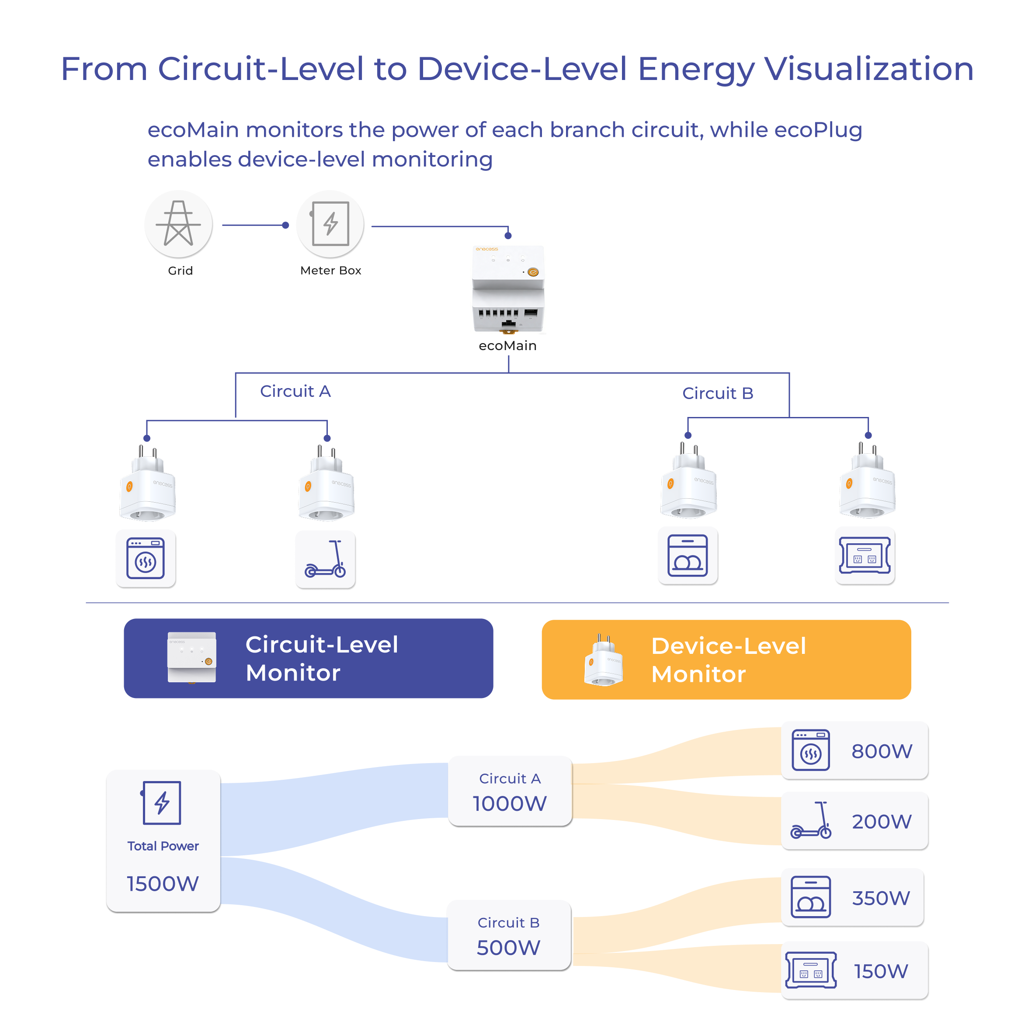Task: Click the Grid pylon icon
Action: click(x=178, y=223)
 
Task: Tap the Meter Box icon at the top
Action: click(x=330, y=223)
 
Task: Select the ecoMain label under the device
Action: click(x=507, y=346)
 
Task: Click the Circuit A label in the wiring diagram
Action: click(x=295, y=391)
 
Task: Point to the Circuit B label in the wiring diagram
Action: click(x=717, y=393)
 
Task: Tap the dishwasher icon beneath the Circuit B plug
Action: click(x=688, y=556)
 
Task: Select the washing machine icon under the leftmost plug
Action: click(x=145, y=558)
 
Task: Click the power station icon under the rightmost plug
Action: click(x=864, y=555)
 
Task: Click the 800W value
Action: click(x=882, y=751)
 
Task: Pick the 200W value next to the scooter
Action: click(x=882, y=821)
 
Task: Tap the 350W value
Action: click(x=881, y=898)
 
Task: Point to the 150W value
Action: click(x=881, y=971)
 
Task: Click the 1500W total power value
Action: click(x=163, y=883)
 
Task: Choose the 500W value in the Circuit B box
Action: click(x=508, y=947)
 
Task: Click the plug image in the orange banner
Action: click(x=604, y=660)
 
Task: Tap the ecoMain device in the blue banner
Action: click(x=192, y=658)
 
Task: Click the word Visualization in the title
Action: click(x=868, y=69)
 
